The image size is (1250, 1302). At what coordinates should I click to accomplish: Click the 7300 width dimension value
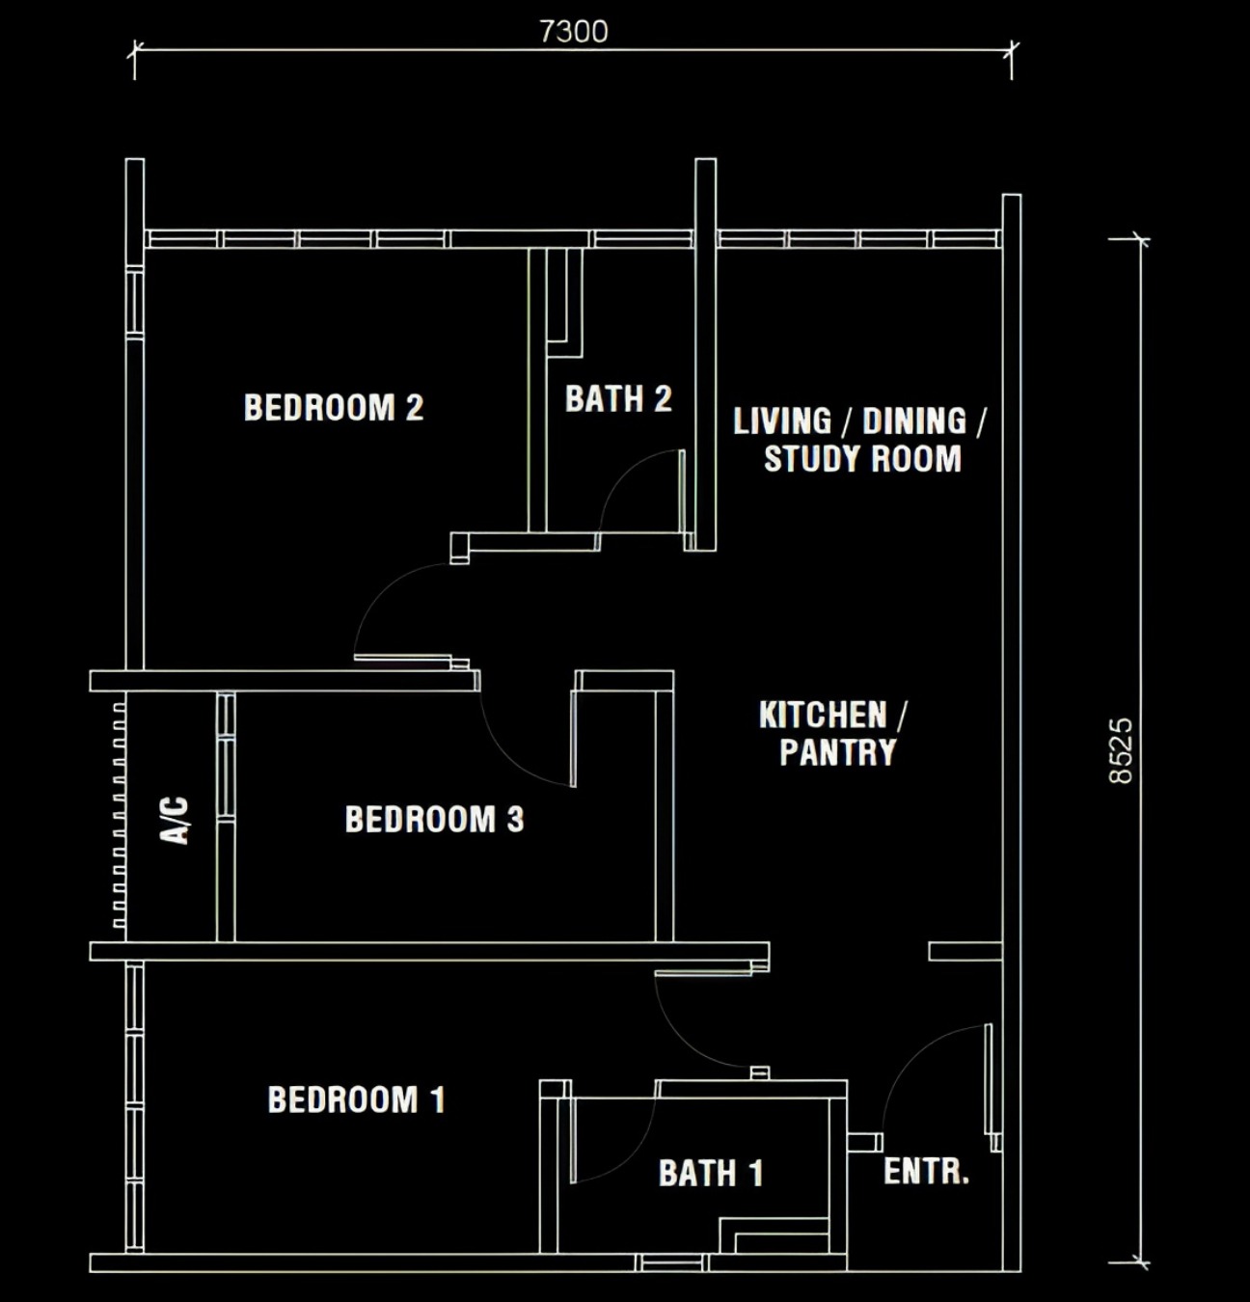[x=574, y=32]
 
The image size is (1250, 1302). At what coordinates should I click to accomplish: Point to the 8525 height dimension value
[x=1121, y=750]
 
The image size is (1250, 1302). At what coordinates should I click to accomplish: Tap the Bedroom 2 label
[x=334, y=407]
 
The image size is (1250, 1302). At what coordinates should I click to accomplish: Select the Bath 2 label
[x=618, y=398]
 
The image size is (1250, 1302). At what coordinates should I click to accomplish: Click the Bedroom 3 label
[x=434, y=819]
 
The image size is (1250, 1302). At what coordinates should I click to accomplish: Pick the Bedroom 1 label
[x=356, y=1099]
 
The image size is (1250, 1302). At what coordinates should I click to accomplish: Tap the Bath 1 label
[x=711, y=1173]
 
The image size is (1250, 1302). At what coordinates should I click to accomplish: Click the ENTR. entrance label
[x=926, y=1171]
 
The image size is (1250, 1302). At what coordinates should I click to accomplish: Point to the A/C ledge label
[x=176, y=820]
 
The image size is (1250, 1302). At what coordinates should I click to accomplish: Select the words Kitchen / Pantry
[x=833, y=733]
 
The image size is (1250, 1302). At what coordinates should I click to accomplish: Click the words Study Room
[x=862, y=459]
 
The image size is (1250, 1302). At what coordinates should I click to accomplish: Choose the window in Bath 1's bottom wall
[x=671, y=1263]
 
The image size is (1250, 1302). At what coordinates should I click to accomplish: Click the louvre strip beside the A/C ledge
[x=119, y=816]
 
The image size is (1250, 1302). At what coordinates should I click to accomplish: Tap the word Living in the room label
[x=782, y=420]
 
